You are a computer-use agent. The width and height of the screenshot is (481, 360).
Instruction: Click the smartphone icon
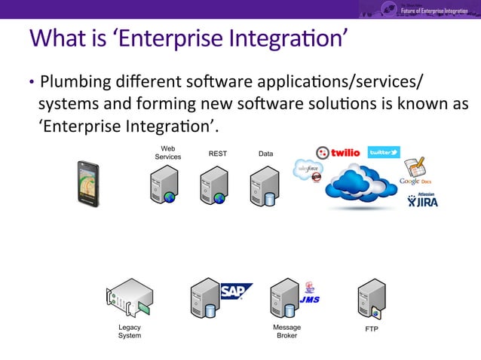pos(88,183)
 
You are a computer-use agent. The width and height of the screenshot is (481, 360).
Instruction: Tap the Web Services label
pos(167,152)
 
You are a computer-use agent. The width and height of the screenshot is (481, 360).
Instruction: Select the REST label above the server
pos(217,154)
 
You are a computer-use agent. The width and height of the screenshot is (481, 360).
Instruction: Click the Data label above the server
pos(265,154)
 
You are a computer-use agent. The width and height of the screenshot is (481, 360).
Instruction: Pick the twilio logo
pos(338,152)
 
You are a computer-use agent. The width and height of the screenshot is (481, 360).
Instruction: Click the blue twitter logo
pos(383,152)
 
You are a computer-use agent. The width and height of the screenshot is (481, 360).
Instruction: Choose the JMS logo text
pos(309,299)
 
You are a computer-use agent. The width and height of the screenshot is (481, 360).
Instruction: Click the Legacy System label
pos(129,331)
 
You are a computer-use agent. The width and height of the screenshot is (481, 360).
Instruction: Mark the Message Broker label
pos(286,331)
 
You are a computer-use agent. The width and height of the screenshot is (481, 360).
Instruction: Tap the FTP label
pos(372,330)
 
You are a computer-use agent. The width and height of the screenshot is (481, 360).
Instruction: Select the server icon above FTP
pos(372,300)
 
